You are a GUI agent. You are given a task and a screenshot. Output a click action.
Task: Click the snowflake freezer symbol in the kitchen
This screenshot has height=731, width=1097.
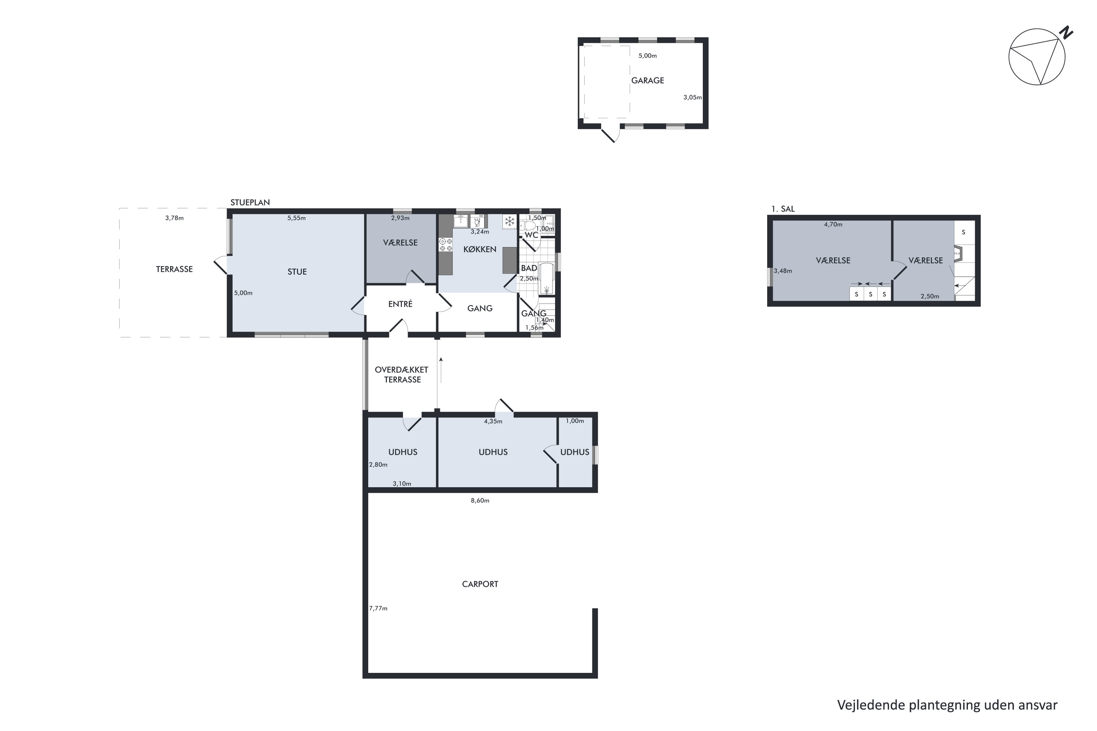tap(509, 221)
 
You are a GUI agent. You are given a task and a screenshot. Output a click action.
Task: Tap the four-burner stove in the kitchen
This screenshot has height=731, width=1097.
tap(445, 245)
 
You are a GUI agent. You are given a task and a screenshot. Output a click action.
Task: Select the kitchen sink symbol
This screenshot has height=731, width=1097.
tap(461, 221)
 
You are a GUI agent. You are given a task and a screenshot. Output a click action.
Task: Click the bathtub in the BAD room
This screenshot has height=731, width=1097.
tap(547, 279)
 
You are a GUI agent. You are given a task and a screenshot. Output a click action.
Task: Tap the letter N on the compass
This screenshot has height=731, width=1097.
tap(1066, 33)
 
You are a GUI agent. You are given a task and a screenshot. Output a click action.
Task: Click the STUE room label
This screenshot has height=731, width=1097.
tap(297, 272)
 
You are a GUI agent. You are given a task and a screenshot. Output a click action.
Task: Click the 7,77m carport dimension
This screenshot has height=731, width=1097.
tap(378, 609)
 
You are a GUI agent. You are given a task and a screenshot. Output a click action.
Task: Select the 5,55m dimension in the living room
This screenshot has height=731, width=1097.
tap(297, 218)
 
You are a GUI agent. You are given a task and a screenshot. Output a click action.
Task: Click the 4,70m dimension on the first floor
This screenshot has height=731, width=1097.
tap(833, 225)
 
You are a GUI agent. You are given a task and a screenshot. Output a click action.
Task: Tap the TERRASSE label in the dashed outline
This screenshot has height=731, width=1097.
tap(174, 269)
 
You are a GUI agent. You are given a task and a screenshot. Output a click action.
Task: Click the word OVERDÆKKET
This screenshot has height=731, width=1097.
tap(402, 370)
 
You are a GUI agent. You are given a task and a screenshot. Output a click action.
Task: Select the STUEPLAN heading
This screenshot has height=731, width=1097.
tap(250, 202)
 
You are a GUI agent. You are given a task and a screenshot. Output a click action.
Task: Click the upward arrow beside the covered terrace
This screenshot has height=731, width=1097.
tap(441, 370)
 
